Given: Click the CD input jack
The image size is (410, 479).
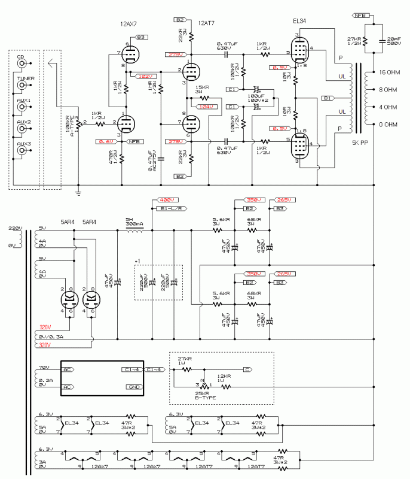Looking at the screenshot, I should click(x=22, y=63).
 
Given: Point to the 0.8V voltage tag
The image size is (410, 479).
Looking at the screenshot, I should click(x=105, y=141).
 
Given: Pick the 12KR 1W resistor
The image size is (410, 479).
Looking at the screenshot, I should click(x=223, y=378).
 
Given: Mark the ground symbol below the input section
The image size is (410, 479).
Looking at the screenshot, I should click(x=78, y=192).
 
